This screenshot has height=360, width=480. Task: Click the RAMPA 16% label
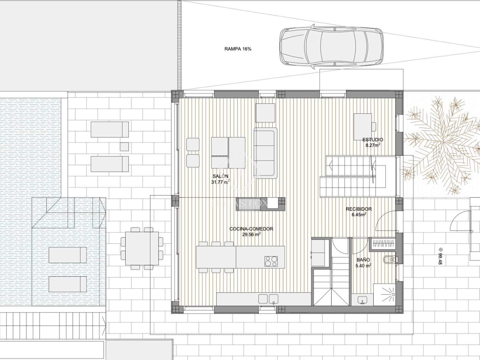(x=238, y=49)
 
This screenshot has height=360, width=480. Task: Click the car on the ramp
(x=331, y=47)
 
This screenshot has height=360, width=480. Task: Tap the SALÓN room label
(x=220, y=176)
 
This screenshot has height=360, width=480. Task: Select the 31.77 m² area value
(x=220, y=182)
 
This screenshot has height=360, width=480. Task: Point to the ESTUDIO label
(x=373, y=140)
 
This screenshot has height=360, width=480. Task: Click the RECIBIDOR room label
(x=359, y=209)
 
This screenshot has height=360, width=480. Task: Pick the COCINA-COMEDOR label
(x=251, y=229)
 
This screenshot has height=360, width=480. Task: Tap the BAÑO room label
(x=363, y=260)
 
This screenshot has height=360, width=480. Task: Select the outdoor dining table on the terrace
(x=142, y=248)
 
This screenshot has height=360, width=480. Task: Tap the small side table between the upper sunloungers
(x=124, y=146)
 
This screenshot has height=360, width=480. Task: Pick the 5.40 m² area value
(x=363, y=265)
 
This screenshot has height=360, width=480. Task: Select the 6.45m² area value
(x=359, y=214)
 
